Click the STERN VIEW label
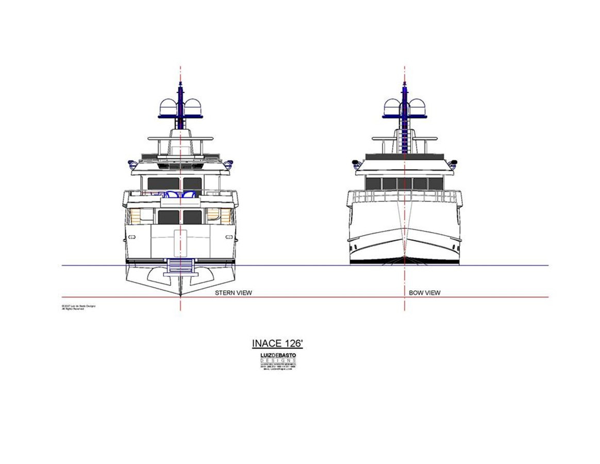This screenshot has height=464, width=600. (x=233, y=293)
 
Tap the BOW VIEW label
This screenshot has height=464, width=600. (x=424, y=293)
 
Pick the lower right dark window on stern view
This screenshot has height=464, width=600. (x=192, y=217)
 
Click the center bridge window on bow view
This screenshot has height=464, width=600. (x=405, y=184)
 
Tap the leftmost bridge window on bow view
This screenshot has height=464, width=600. (x=373, y=184)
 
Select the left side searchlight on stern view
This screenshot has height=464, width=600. (x=132, y=164)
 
